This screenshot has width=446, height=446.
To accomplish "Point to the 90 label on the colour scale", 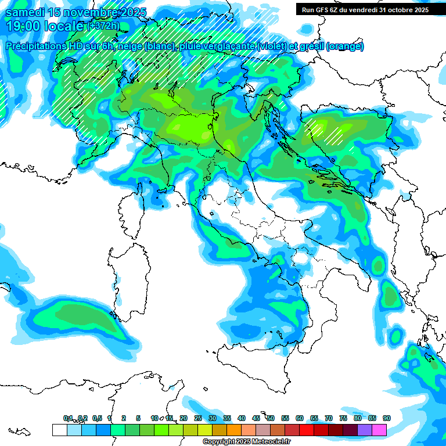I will tap(386, 418).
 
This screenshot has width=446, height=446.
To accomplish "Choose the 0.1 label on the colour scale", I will tap(68, 418).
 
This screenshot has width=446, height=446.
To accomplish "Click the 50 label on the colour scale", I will tap(271, 418).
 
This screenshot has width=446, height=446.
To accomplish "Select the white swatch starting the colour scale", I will tap(59, 430).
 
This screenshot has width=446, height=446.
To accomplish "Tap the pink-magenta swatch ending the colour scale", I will tap(379, 430).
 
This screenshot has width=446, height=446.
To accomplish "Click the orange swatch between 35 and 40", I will tap(234, 430).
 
